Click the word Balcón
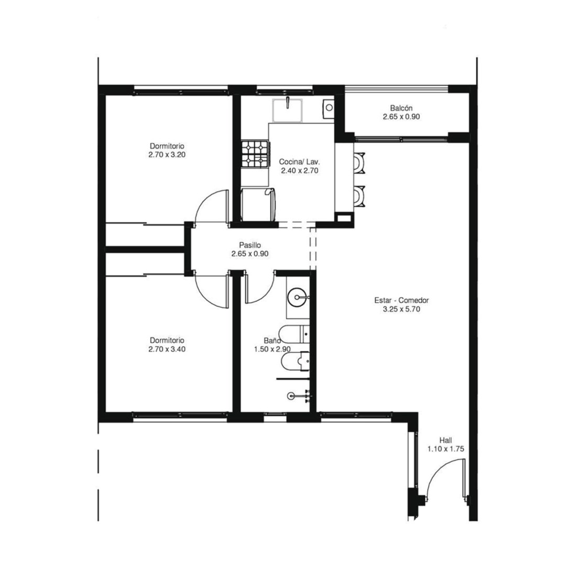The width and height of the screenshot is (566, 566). point(401,108)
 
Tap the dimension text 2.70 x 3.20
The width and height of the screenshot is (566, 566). point(167,155)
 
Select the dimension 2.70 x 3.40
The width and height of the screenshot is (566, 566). point(167,349)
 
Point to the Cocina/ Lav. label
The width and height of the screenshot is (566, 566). point(300,162)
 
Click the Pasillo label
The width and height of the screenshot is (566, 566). point(250,245)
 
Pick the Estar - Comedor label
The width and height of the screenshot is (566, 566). point(401,300)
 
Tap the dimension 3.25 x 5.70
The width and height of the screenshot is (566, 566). point(401,309)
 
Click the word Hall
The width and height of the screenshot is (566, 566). point(446,440)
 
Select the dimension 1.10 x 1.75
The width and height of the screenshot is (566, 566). point(446,449)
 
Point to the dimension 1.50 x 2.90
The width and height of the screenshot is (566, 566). point(272,349)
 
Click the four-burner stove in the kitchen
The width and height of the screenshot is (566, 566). point(255,154)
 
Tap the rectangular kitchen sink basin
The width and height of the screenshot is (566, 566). point(287,110)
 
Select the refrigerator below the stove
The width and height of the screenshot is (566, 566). point(258,204)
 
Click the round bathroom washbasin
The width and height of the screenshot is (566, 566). point(297,298)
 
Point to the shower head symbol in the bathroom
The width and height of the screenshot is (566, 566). point(291,396)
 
